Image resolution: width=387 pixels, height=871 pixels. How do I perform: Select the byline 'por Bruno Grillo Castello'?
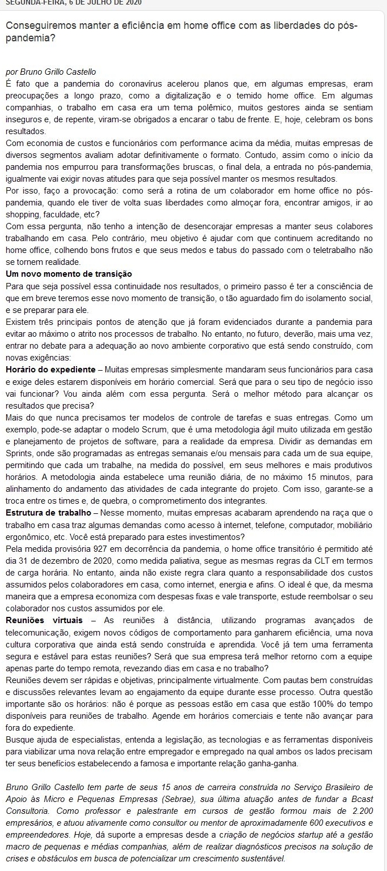click(50, 72)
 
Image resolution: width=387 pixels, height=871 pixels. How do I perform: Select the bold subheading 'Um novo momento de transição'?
click(69, 274)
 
